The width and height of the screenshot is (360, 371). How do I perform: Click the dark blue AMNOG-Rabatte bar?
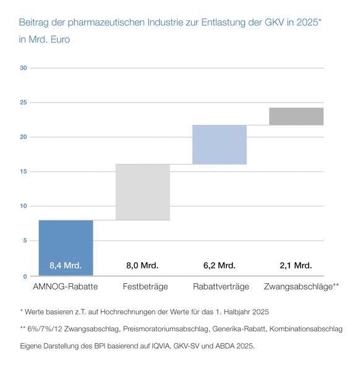66,247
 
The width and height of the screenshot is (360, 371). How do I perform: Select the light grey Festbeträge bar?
142,192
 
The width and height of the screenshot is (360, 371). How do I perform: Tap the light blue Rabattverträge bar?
220,145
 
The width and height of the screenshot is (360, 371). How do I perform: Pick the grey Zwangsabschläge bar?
296,116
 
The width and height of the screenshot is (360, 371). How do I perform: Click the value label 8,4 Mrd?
66,265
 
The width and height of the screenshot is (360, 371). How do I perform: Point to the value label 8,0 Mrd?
142,265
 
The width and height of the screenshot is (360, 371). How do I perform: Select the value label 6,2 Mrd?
219,265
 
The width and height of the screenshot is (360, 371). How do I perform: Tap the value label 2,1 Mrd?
296,265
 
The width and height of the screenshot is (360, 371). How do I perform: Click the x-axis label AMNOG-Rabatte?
66,286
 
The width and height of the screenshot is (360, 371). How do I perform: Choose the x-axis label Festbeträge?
142,286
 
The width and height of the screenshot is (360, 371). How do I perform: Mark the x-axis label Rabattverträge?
220,286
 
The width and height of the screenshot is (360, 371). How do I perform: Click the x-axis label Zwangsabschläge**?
301,286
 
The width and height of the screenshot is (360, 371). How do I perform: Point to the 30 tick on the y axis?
23,67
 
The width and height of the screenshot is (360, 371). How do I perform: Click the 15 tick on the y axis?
23,171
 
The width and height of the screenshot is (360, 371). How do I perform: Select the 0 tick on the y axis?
25,276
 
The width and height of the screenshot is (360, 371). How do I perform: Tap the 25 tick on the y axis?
23,102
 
